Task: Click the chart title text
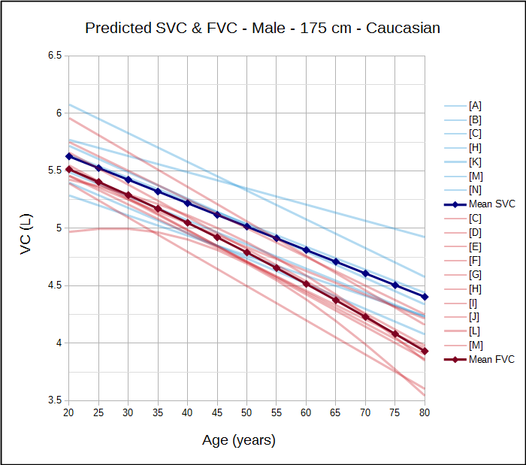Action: [x=262, y=29]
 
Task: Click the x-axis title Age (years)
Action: [x=239, y=440]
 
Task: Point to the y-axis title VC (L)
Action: [x=26, y=234]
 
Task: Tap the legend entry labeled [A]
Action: [x=475, y=105]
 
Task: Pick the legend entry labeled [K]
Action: [x=475, y=162]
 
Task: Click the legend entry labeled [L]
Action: [x=475, y=331]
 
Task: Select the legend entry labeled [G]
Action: [x=475, y=274]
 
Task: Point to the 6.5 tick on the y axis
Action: [x=53, y=56]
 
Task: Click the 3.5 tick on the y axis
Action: [x=53, y=400]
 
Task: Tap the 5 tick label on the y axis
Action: [x=58, y=228]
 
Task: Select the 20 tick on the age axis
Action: [x=69, y=412]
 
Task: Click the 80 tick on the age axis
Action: [x=425, y=412]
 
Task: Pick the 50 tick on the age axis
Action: [x=247, y=412]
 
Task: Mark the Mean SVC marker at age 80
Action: [x=425, y=297]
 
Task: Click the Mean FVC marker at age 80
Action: [x=425, y=351]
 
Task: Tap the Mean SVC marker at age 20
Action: [x=69, y=156]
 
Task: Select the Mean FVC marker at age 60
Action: [x=307, y=283]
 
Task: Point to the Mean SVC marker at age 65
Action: [x=336, y=262]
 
